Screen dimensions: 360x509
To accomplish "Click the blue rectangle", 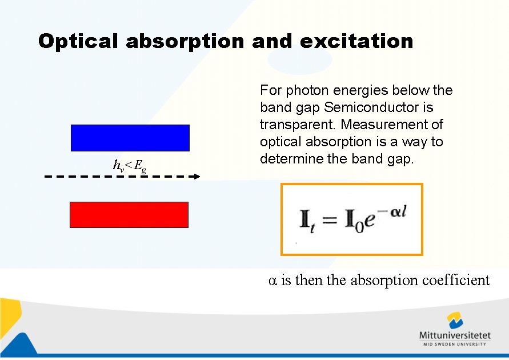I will click(130, 138).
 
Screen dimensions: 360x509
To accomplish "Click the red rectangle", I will click(129, 215).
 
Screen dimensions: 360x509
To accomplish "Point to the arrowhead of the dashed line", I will click(197, 177).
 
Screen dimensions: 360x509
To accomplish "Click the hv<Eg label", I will click(130, 166).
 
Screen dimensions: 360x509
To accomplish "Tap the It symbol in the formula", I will click(306, 221).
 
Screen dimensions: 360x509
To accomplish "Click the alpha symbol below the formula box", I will click(272, 281).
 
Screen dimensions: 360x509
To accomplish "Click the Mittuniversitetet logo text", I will click(454, 335).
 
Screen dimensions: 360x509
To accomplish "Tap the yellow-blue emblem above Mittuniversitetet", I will click(455, 320).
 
